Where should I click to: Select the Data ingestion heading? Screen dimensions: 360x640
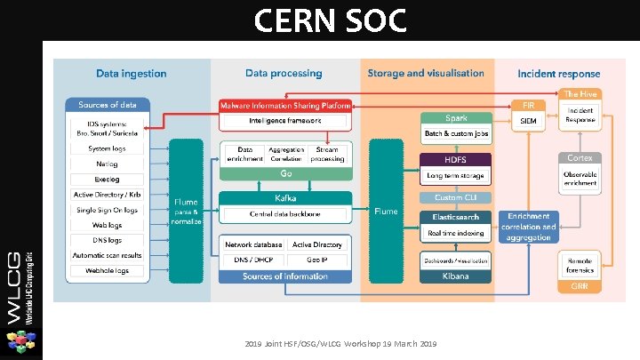coord(132,74)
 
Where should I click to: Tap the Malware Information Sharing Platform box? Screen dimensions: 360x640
coord(284,106)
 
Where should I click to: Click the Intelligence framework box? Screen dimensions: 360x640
coord(284,120)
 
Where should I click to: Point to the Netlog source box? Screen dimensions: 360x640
coord(107,164)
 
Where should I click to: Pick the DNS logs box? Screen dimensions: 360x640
coord(107,240)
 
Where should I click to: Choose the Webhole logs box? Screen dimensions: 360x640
coord(107,270)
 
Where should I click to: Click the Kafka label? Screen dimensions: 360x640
coord(285,198)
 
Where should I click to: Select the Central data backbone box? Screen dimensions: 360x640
coord(285,214)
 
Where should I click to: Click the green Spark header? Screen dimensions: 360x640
coord(456,118)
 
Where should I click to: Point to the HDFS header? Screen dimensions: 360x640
coord(456,159)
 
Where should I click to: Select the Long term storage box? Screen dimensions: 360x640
coord(456,175)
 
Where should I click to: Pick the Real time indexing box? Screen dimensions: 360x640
coord(456,233)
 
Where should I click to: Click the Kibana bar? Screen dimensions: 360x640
coord(456,276)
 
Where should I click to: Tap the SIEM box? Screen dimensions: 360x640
coord(528,120)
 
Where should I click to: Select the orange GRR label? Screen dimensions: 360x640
coord(580,286)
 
